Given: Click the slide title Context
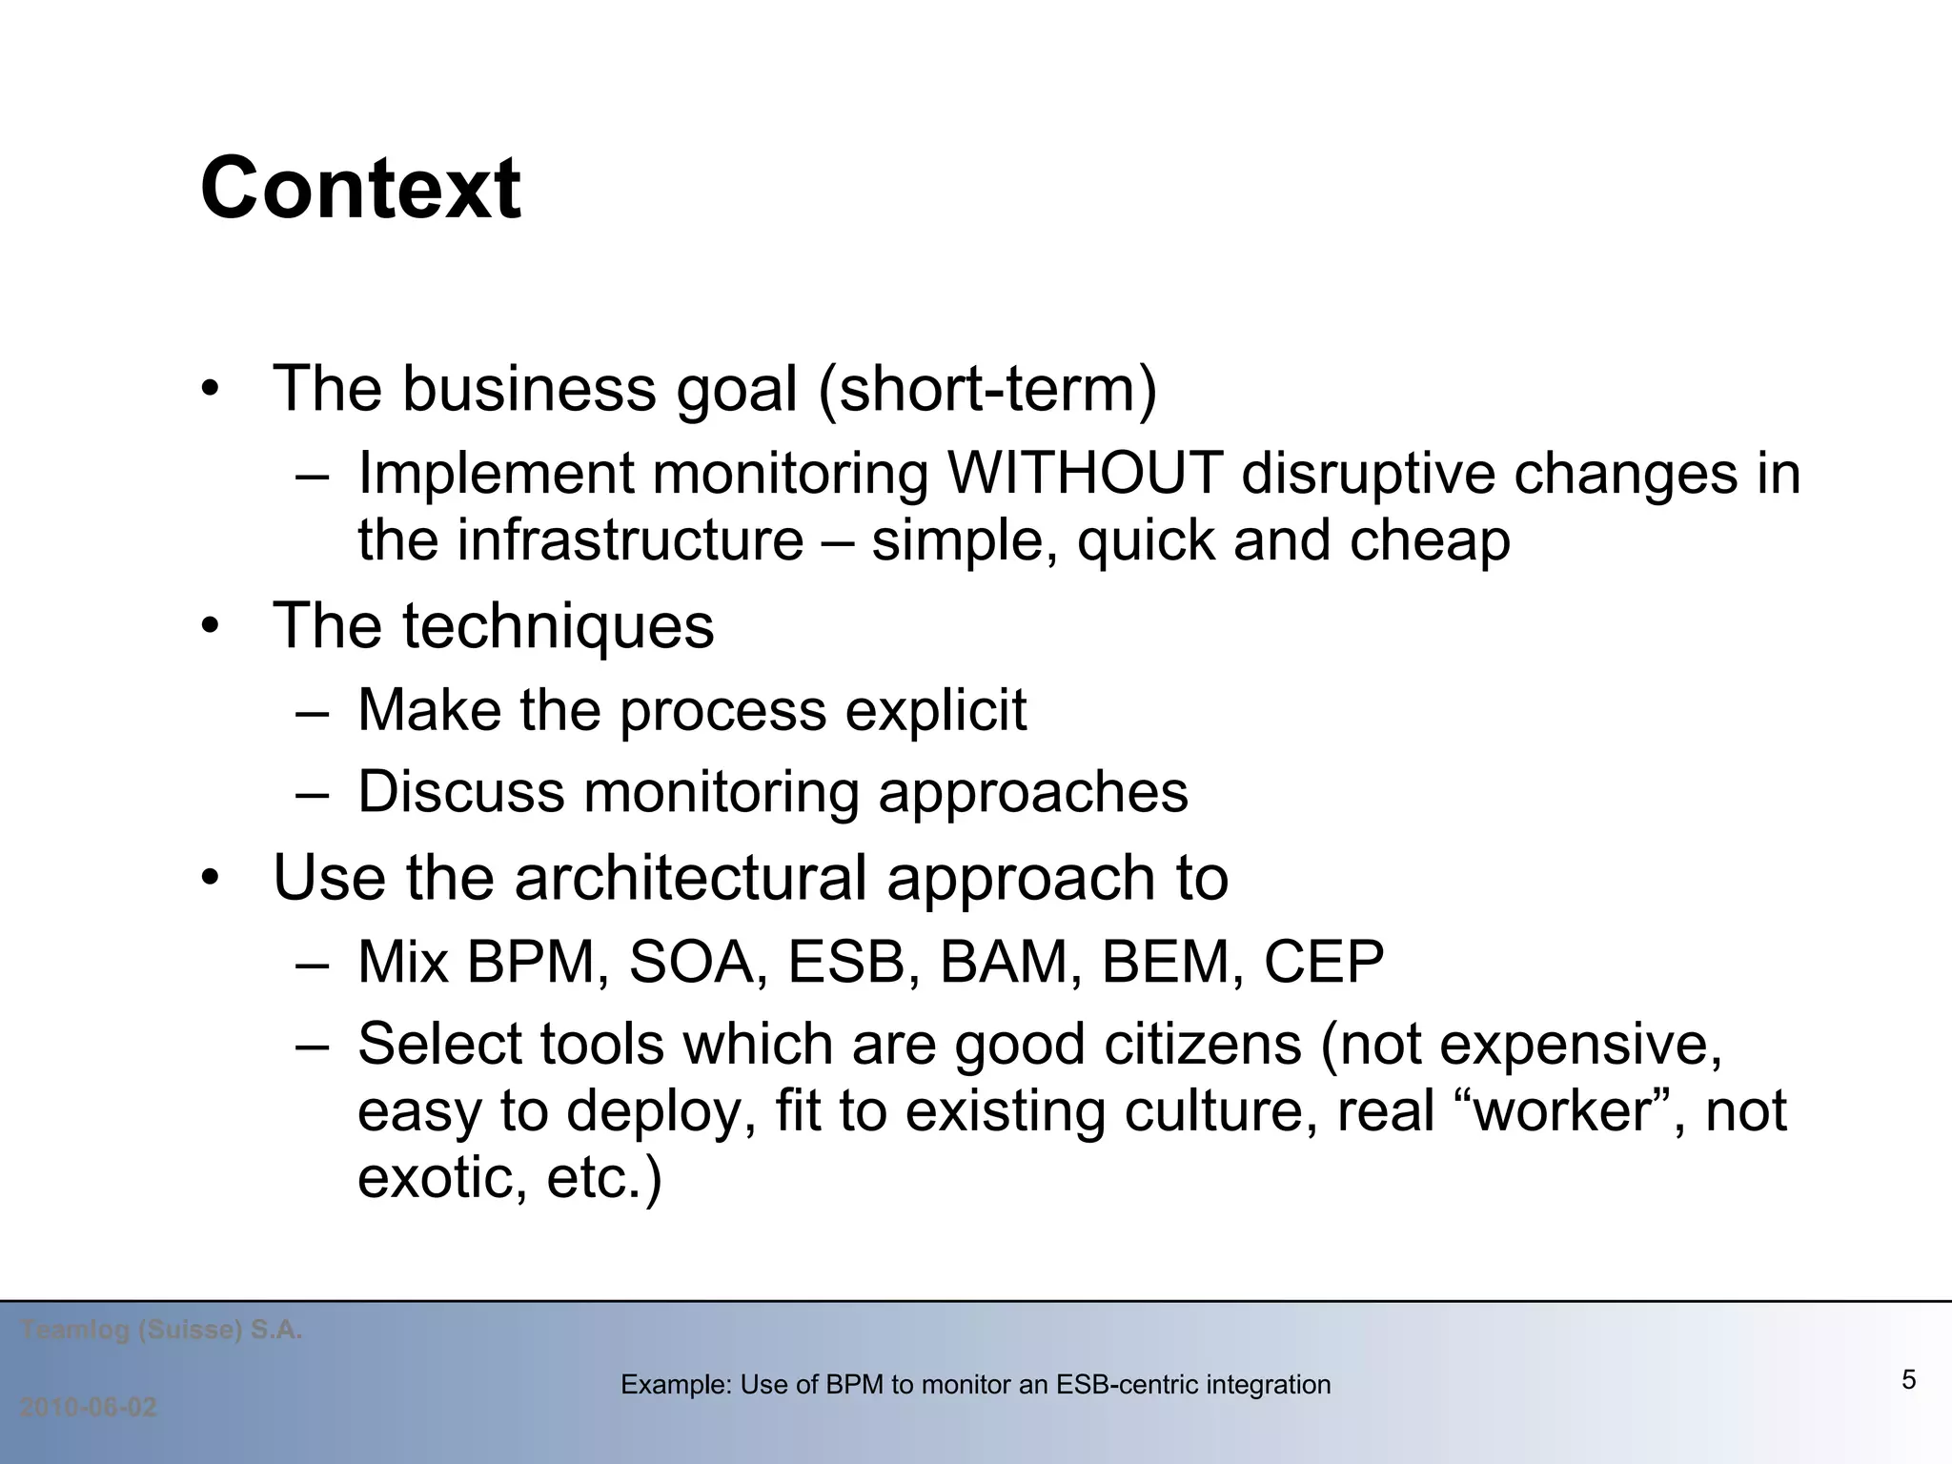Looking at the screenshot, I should click(360, 189).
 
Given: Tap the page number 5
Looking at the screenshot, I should click(1908, 1379).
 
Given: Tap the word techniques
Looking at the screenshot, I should click(558, 627).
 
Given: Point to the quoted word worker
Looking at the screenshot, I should click(1563, 1111).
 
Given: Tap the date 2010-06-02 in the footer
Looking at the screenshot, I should click(88, 1408).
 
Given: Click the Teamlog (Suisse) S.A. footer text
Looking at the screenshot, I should click(161, 1330).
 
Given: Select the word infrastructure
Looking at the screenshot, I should click(630, 541).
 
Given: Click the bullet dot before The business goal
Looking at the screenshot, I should click(211, 390).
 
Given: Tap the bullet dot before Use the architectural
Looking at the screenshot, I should click(211, 878).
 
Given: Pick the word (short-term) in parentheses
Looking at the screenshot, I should click(987, 390).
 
